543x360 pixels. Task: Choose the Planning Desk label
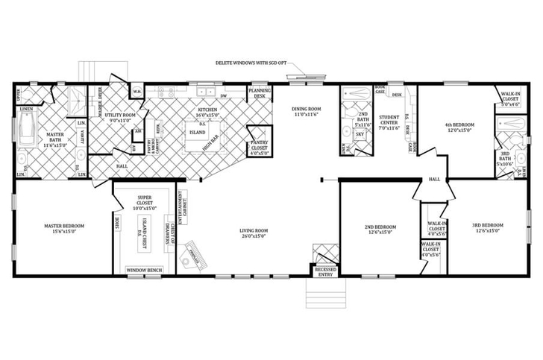259,93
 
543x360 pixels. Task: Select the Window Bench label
144,270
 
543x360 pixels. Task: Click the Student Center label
388,123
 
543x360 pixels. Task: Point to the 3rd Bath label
506,160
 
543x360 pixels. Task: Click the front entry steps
325,294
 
